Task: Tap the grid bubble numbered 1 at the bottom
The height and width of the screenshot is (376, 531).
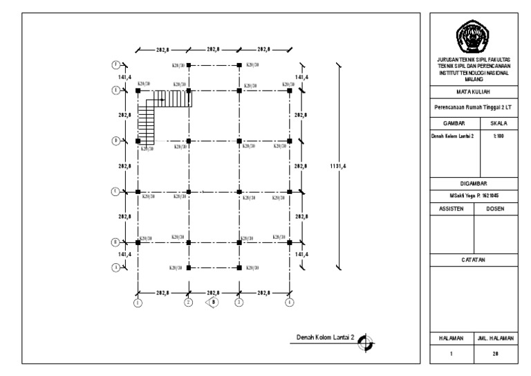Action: tap(138, 302)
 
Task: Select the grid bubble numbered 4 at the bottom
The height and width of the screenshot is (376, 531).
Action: tap(289, 302)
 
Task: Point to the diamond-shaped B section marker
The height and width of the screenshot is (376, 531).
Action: tap(214, 302)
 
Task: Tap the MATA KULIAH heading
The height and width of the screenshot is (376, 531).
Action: tap(474, 91)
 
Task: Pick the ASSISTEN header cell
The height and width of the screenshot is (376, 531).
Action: tap(451, 208)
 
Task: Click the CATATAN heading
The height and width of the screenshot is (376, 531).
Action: tap(474, 259)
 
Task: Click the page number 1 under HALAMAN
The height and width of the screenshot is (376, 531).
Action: tap(451, 354)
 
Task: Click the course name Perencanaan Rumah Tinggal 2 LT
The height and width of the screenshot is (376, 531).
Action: tap(474, 107)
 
